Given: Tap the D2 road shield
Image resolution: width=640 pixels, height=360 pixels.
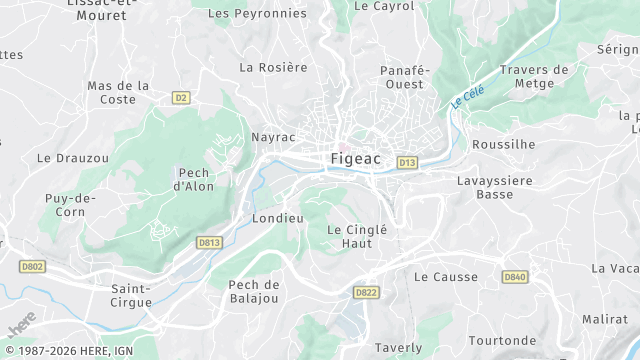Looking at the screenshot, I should (181, 97).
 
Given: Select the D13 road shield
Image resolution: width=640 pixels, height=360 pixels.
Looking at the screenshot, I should (406, 161).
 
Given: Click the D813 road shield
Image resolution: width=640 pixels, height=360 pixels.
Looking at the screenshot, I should (208, 241).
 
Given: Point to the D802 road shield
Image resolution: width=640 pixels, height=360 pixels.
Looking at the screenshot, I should (32, 266).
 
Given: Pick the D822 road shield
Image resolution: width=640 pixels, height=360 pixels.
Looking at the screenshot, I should (365, 292).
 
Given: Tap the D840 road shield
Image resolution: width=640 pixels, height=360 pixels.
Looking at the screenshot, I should (514, 276).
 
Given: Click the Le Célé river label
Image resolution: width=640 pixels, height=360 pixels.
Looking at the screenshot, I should (466, 95).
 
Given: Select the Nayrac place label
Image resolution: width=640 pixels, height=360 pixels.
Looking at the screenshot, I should (273, 135).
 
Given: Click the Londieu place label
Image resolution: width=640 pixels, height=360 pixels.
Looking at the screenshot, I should (278, 218).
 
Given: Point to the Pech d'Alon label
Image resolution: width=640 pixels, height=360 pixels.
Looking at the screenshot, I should (194, 179).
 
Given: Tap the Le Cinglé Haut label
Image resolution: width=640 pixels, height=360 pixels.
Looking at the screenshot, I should (356, 236).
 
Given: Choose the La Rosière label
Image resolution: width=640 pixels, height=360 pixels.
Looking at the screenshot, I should (273, 67).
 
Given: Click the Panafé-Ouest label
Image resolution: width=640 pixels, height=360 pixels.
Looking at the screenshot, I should (405, 77).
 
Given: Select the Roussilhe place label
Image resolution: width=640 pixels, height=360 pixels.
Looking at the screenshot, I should (503, 144).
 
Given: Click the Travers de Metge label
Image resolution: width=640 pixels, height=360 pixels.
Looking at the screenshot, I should (533, 77).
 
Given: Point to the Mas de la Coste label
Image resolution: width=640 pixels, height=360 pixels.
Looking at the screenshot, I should (118, 92).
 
